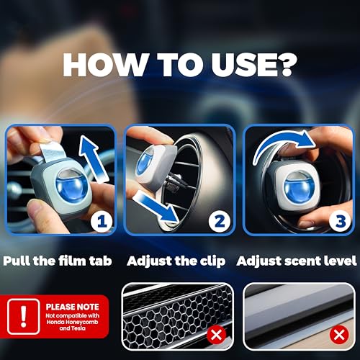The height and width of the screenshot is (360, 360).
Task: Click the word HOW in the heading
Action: (x=105, y=65)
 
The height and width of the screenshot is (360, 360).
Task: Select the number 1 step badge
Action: (x=102, y=221)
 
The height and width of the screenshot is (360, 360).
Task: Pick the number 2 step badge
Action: (x=220, y=221)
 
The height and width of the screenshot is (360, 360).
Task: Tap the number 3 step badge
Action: (x=341, y=221)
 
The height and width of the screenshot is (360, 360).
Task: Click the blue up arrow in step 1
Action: (x=93, y=158)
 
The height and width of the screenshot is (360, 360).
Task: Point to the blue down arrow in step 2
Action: (x=156, y=207)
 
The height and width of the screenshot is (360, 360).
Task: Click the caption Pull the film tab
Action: (x=58, y=261)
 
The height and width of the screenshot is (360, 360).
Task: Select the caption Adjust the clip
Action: (x=176, y=261)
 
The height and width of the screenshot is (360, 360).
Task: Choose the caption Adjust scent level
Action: (x=297, y=261)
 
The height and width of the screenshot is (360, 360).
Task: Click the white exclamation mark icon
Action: (x=23, y=317)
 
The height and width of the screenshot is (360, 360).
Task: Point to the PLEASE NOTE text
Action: (x=72, y=307)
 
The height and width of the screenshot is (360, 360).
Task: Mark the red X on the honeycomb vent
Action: (x=216, y=335)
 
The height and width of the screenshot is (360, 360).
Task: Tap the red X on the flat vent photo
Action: (x=339, y=335)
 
